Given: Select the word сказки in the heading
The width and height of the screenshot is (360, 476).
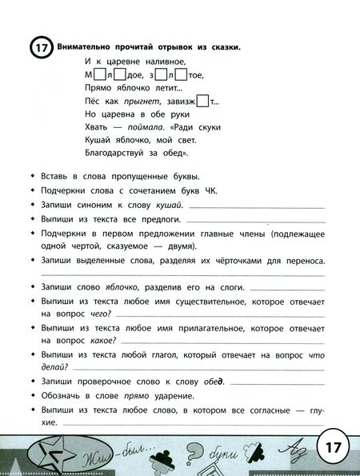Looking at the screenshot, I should point(222,46).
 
